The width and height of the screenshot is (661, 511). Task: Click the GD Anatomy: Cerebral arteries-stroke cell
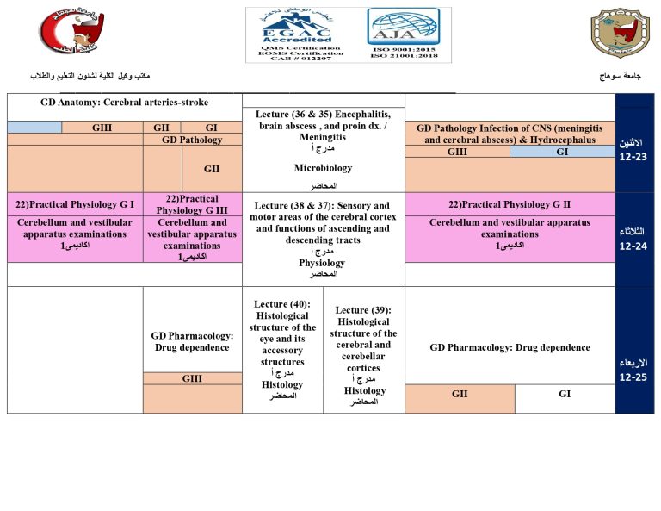click(124, 103)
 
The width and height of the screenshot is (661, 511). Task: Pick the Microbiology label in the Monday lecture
click(323, 168)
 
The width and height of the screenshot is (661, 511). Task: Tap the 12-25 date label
click(633, 377)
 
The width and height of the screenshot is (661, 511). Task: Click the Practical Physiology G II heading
click(510, 204)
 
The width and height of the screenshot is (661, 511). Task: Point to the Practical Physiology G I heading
click(75, 204)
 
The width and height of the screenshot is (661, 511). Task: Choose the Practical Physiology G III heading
click(192, 204)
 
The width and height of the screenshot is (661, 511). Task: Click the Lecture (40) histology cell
click(282, 349)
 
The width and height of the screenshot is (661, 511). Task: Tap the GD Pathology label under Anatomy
click(192, 140)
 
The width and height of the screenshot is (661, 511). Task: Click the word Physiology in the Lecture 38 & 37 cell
click(322, 263)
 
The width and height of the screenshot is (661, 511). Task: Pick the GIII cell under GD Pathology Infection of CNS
click(457, 152)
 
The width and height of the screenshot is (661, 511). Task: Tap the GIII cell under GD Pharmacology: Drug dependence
click(192, 378)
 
